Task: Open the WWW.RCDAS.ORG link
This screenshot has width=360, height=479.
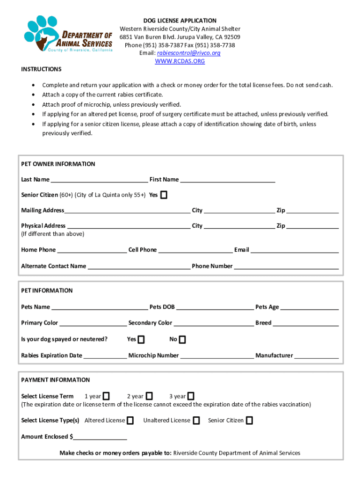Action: [x=180, y=61]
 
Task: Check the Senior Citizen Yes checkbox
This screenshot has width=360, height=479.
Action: [x=164, y=195]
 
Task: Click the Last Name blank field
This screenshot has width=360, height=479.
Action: [x=99, y=180]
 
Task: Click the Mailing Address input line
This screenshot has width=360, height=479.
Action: [x=127, y=211]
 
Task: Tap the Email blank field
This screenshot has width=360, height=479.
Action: [x=295, y=250]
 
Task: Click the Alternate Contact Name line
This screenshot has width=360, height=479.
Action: [x=139, y=267]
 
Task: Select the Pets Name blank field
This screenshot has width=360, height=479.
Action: [x=100, y=307]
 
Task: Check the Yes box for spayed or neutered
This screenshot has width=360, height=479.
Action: [x=141, y=339]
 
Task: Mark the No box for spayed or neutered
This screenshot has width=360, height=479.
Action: [x=182, y=339]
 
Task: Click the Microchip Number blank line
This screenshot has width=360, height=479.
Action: [x=217, y=356]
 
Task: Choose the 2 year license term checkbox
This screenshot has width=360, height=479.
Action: [x=149, y=396]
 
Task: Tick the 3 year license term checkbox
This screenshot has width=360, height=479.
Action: [x=191, y=396]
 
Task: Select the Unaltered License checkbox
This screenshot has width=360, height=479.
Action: [x=197, y=421]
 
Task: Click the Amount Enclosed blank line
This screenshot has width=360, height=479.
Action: [x=100, y=437]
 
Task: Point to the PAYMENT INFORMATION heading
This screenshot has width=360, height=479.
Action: [x=55, y=380]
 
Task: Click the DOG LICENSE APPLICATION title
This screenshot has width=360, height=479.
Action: [x=180, y=21]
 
